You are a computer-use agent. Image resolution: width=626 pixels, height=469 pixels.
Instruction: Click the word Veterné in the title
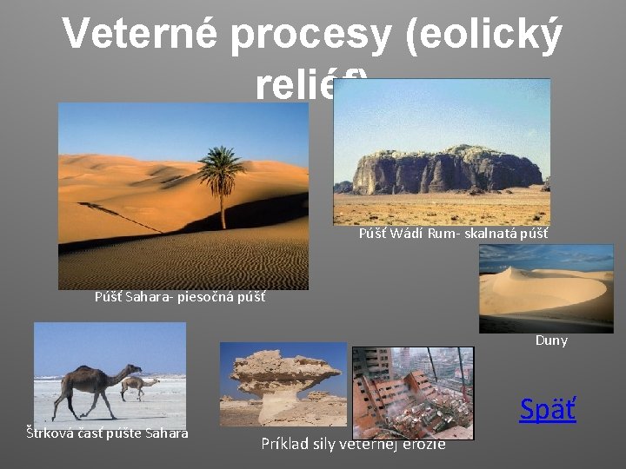(140, 36)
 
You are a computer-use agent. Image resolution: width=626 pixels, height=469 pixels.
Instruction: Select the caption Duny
(551, 340)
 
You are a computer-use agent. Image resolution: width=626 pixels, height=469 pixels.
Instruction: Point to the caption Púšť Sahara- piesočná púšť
(180, 297)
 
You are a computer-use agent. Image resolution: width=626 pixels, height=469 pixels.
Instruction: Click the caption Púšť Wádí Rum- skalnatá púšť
(453, 234)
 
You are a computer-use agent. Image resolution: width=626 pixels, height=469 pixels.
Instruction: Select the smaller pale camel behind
(140, 385)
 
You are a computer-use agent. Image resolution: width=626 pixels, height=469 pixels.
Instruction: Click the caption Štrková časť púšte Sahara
(106, 433)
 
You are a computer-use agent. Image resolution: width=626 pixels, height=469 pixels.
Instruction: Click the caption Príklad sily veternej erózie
(353, 444)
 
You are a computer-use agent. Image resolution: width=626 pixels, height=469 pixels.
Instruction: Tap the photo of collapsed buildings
(413, 392)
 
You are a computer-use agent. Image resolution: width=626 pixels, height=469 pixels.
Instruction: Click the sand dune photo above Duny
(545, 288)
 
